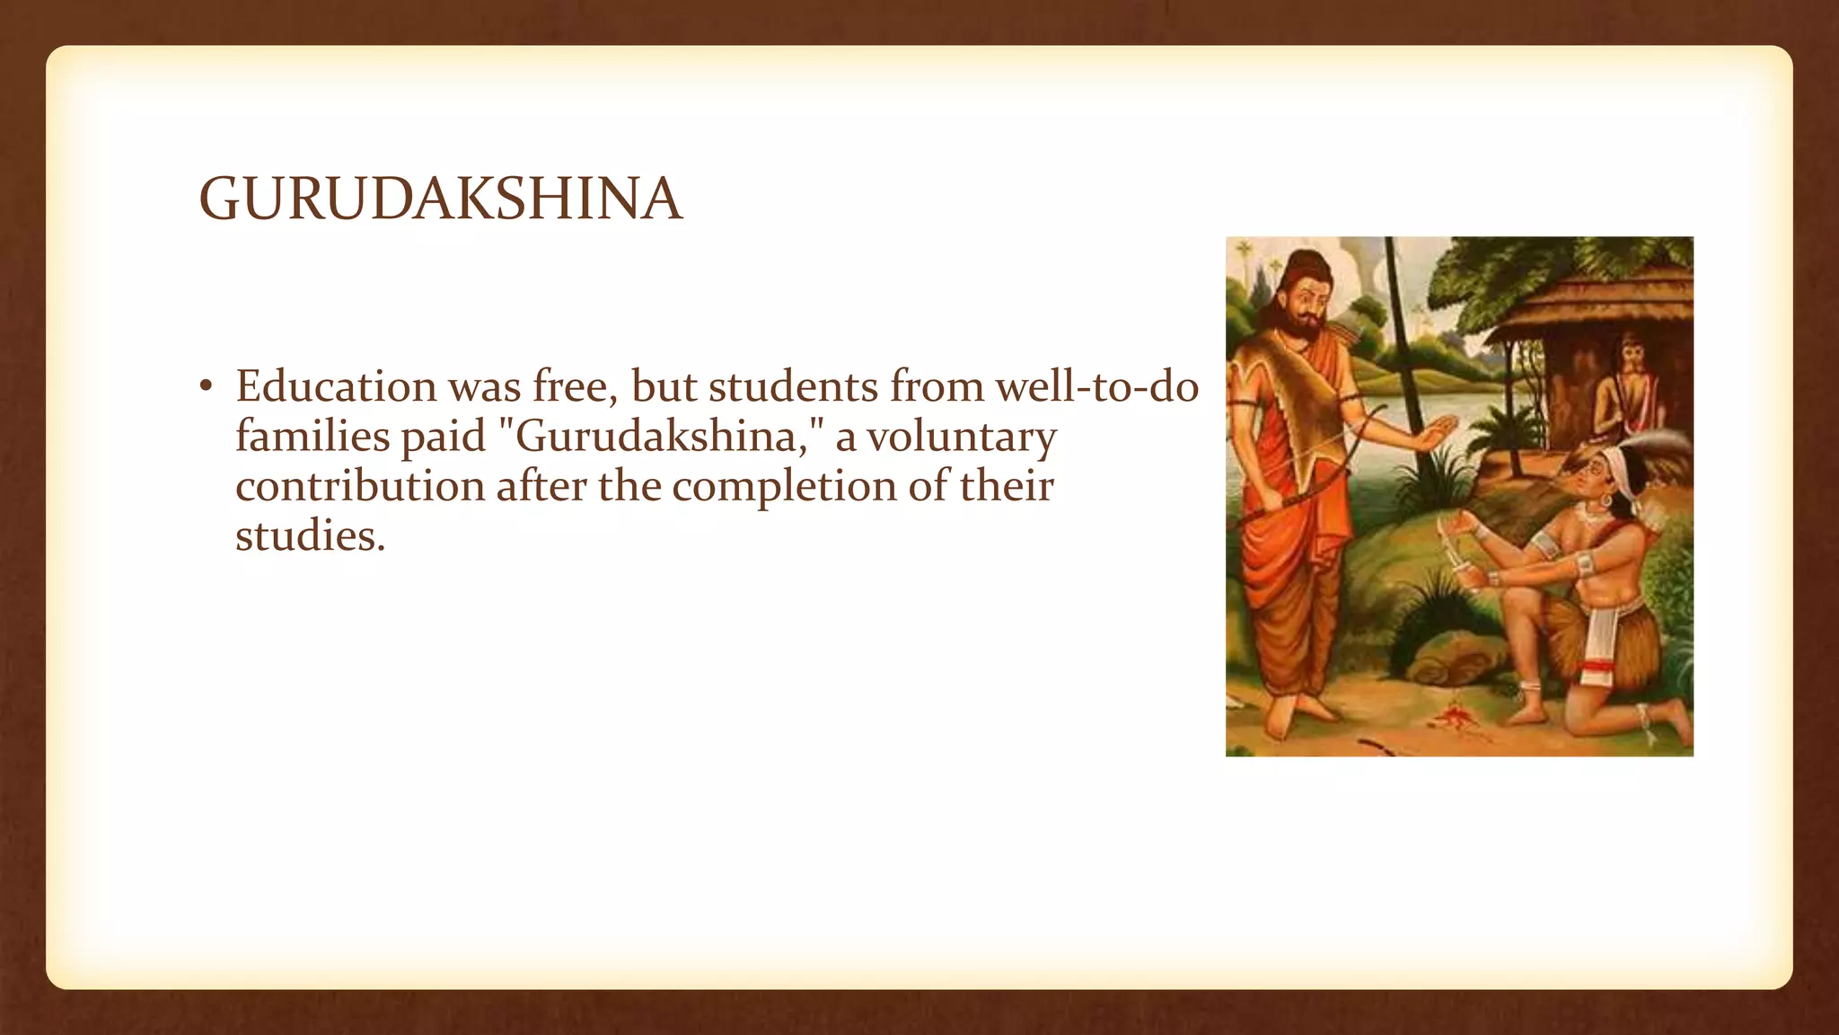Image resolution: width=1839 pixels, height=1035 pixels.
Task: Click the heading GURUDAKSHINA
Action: pyautogui.click(x=440, y=199)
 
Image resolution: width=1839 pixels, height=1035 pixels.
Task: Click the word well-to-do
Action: pyautogui.click(x=1096, y=386)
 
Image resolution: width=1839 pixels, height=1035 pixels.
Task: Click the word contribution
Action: pyautogui.click(x=360, y=486)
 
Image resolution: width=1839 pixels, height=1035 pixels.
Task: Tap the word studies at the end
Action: pyautogui.click(x=310, y=536)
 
